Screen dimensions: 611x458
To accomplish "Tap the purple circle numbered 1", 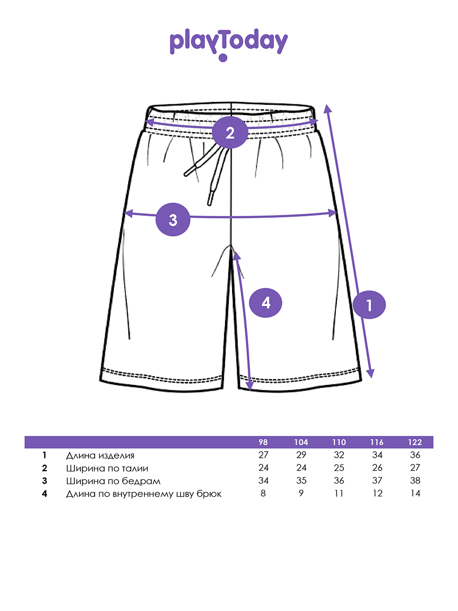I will pos(369,305).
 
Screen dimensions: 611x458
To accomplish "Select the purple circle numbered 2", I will pos(230,133).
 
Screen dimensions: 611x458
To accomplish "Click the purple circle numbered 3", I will pos(173,220).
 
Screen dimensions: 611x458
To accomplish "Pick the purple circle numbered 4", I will pos(266,303).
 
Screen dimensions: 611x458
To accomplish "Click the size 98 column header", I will pos(263,442).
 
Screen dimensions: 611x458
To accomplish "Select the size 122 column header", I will pos(415,442).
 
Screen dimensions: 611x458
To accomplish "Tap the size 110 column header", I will pos(339,442).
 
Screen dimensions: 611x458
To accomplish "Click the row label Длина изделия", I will pos(100,455).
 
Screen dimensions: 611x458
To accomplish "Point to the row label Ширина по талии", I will pos(107,468).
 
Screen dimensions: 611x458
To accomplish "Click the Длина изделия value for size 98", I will pos(263,455).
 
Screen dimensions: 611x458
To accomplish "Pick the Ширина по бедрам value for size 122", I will pos(415,481).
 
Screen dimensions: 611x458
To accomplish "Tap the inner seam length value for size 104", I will pos(301,493).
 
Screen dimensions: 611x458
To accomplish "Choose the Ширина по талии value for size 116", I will pos(377,468).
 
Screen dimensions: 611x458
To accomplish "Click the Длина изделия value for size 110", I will pos(339,455).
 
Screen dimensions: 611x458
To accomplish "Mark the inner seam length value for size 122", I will pos(415,493).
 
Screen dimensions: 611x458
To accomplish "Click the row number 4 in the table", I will pos(45,493).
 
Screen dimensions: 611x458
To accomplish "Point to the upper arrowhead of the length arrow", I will pos(327,108).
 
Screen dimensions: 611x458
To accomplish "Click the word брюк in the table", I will pos(209,494).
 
